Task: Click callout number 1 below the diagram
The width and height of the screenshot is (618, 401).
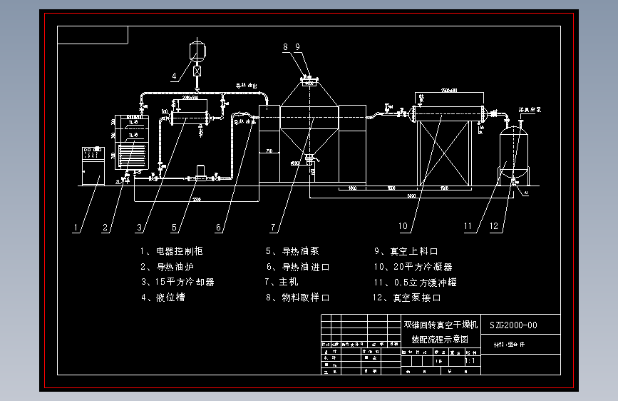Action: (x=76, y=228)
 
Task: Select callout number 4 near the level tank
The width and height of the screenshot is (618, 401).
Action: (x=173, y=75)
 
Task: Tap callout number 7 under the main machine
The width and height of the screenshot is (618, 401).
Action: (x=273, y=228)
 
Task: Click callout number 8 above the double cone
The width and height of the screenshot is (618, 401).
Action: (x=286, y=48)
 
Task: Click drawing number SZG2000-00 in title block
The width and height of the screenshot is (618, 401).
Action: (x=513, y=325)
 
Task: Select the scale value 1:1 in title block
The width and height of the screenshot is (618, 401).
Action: (x=470, y=362)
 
